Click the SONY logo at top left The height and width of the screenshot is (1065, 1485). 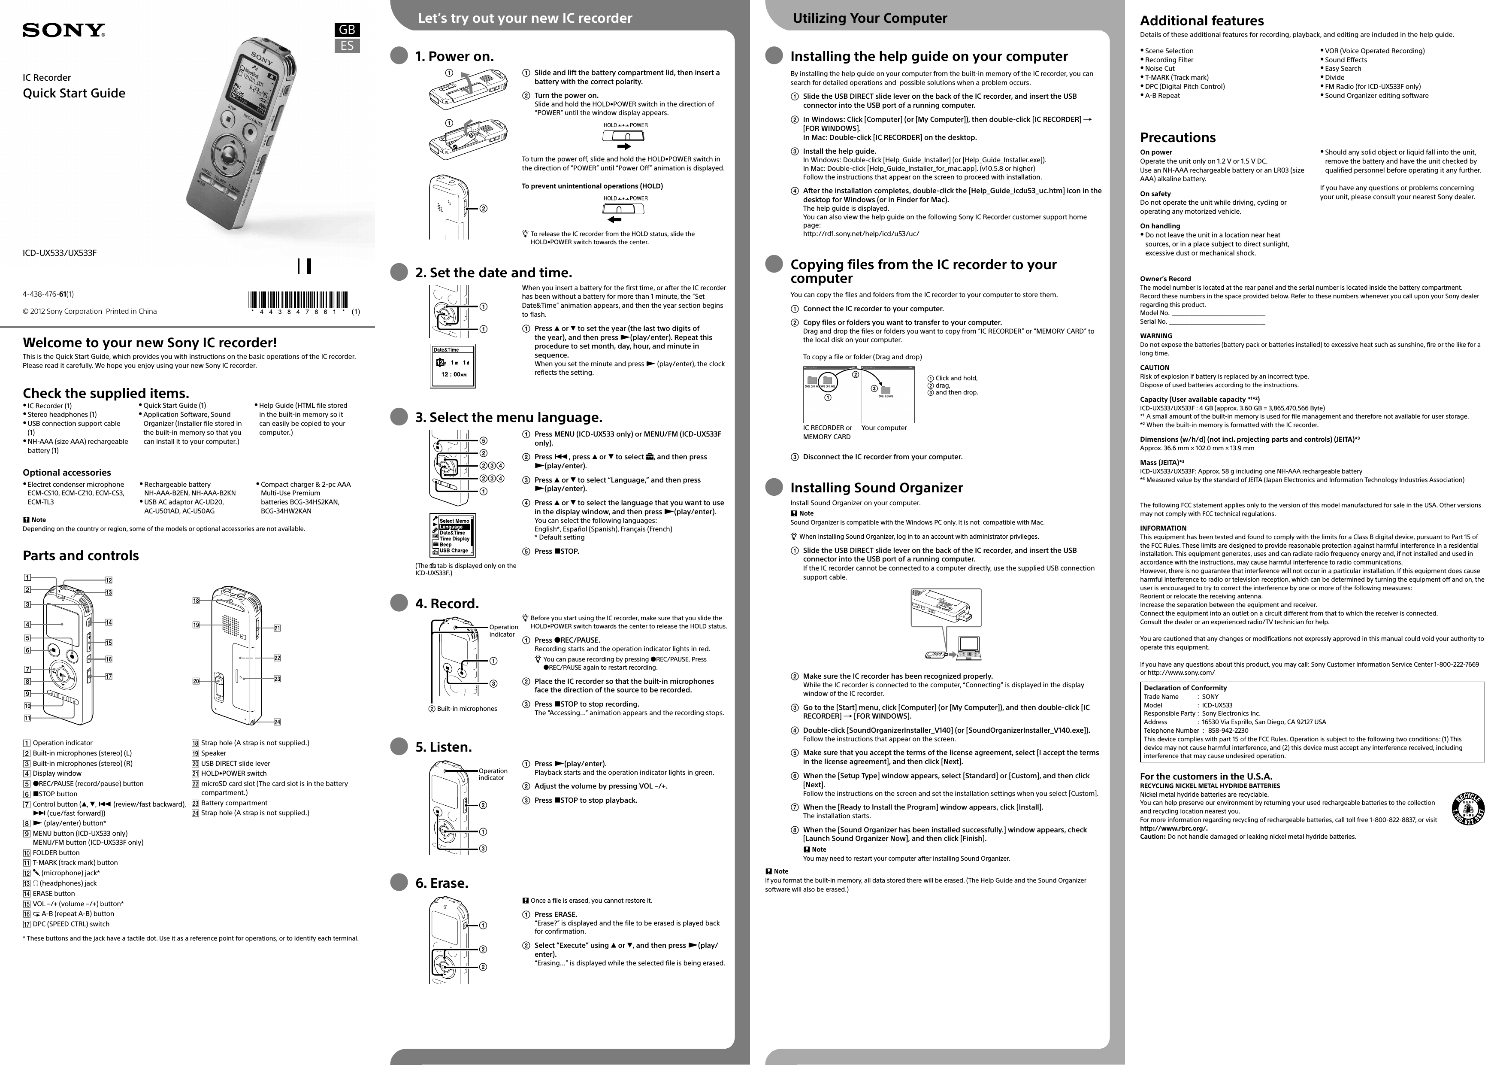tap(64, 30)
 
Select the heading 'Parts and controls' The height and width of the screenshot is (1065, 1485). tap(81, 555)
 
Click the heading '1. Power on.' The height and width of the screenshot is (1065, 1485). tap(454, 56)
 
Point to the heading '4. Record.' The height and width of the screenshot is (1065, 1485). tap(447, 603)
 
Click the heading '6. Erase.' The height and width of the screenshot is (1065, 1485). tap(442, 883)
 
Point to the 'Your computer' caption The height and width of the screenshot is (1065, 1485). tap(884, 428)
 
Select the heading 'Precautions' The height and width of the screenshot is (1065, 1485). tap(1177, 137)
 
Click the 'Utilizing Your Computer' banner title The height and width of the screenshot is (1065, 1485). tap(870, 18)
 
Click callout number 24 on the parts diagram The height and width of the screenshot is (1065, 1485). tap(277, 722)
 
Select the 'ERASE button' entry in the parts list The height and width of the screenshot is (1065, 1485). tap(54, 893)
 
